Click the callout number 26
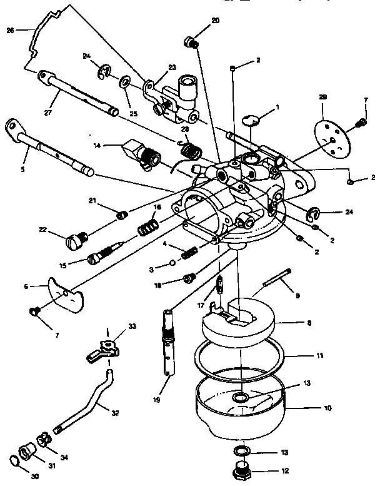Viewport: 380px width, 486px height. coord(9,29)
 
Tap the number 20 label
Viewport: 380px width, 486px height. coord(215,21)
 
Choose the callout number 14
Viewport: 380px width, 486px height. coord(96,146)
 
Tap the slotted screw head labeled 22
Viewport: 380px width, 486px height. coord(76,239)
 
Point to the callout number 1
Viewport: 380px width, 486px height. coord(278,107)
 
